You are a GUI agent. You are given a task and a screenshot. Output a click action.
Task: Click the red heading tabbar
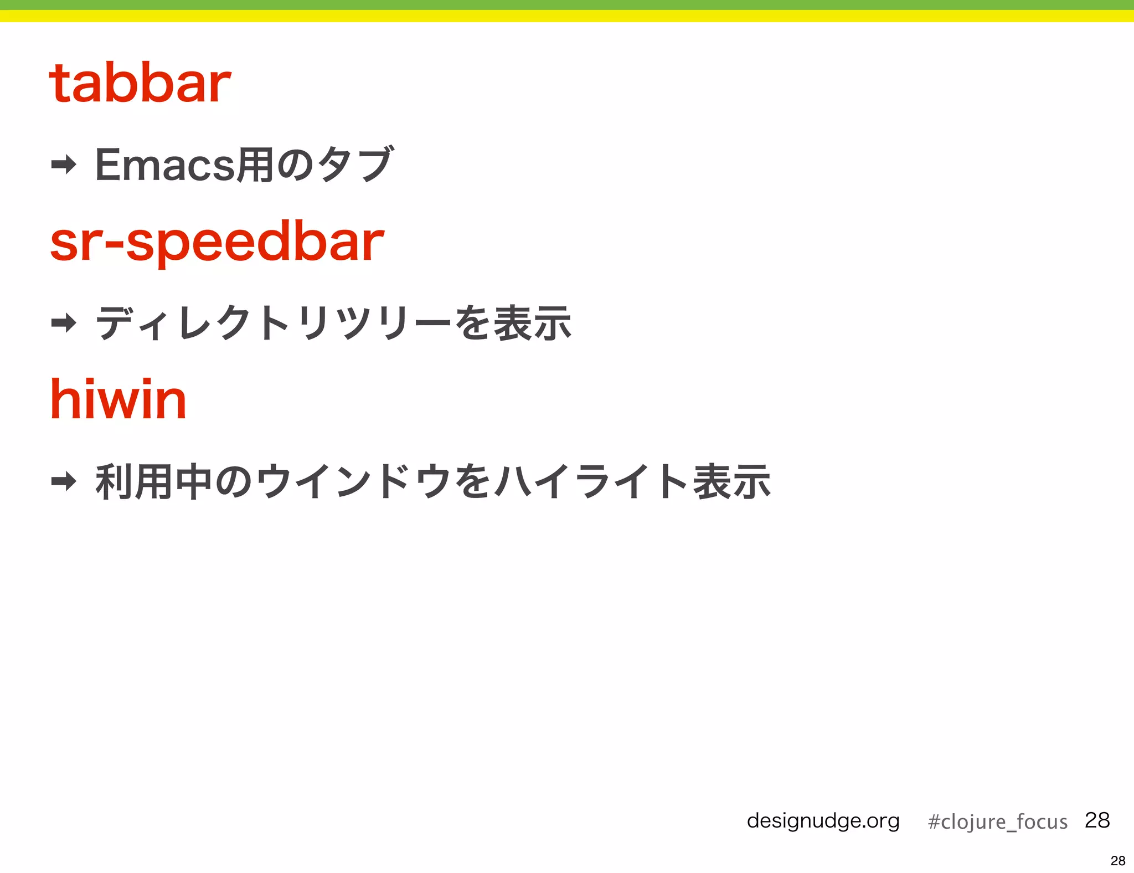(x=140, y=84)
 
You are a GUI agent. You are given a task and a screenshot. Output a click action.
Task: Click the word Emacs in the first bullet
(x=165, y=165)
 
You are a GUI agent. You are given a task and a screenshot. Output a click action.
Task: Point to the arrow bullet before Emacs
(x=64, y=165)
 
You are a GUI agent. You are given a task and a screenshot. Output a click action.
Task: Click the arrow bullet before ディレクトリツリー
(x=64, y=322)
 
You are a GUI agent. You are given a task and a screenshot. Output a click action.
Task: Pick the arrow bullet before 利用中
(x=64, y=481)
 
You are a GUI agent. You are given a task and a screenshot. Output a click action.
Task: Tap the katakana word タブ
(x=355, y=165)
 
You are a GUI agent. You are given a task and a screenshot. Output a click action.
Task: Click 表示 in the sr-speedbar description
(x=532, y=323)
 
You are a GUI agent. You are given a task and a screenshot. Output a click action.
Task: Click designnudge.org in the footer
(x=823, y=820)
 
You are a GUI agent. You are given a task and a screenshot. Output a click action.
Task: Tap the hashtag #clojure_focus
(x=997, y=821)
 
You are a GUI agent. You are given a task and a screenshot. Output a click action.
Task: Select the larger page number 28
(x=1097, y=820)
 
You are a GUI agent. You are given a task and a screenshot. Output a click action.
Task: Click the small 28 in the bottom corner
(x=1117, y=861)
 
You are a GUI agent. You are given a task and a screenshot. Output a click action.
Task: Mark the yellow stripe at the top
(x=567, y=16)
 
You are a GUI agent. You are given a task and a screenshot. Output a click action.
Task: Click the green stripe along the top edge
(x=567, y=4)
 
